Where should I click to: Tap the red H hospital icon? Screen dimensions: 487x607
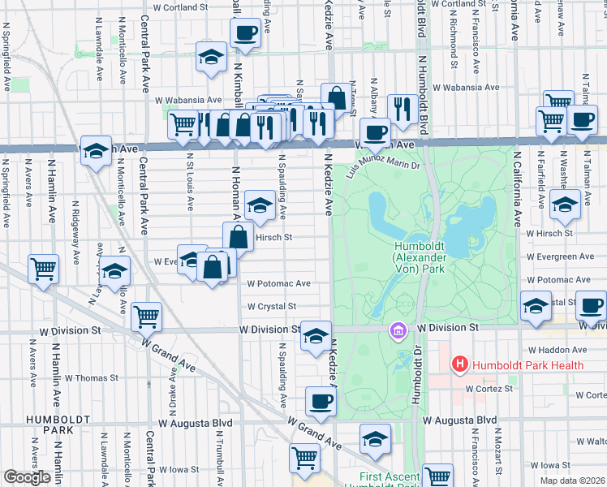[460, 365]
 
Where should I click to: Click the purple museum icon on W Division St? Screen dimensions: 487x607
[398, 330]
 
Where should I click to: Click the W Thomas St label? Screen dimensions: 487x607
[92, 378]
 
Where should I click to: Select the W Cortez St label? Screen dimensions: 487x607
[492, 389]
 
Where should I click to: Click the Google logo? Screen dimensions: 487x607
[28, 476]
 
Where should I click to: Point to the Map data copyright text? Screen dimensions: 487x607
[572, 481]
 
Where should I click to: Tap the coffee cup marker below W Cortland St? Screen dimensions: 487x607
[246, 34]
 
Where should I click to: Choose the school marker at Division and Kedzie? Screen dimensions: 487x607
[316, 337]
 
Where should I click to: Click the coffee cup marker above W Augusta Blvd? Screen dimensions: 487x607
[321, 402]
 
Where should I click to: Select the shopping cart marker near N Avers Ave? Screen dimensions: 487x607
[44, 269]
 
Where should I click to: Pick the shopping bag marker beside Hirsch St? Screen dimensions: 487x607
[239, 238]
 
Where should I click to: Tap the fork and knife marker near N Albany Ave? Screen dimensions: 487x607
[403, 108]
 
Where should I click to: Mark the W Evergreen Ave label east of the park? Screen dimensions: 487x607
[559, 256]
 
